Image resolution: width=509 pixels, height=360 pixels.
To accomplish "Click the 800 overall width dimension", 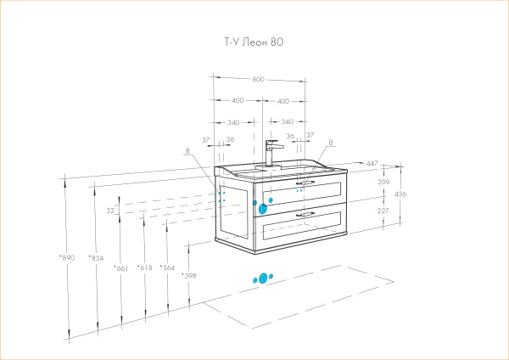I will point(259,79).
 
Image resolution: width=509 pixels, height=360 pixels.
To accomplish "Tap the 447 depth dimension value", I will point(372,162).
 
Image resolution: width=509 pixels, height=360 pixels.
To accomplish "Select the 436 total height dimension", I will point(401,194).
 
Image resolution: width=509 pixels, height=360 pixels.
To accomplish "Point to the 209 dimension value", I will point(383,182).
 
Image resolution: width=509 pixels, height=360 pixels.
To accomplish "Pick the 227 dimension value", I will point(383,211).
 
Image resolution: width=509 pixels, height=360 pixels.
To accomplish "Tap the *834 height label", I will point(95,257).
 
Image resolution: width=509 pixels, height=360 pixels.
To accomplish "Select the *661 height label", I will point(120,267).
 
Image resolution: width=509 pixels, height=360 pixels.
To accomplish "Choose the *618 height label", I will point(145,267).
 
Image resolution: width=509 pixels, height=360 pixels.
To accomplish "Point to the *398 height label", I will point(188,276).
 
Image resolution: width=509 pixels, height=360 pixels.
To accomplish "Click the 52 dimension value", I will point(110,210).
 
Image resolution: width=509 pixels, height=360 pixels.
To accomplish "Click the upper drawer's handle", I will point(305,183).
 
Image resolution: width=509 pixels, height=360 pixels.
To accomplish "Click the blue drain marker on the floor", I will point(263,278).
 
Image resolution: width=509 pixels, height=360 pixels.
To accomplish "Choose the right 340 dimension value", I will point(287,121).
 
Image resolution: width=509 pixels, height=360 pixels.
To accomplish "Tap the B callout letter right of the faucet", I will point(331,143).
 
